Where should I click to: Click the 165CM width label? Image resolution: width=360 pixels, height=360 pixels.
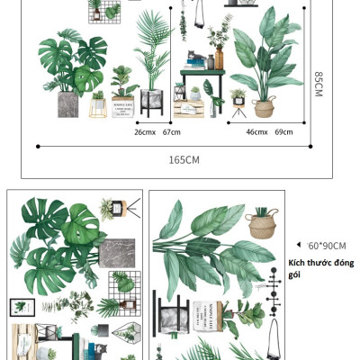click(x=184, y=159)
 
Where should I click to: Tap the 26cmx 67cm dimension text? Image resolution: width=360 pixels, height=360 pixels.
click(x=157, y=132)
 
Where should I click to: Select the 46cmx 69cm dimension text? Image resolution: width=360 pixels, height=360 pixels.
click(x=270, y=132)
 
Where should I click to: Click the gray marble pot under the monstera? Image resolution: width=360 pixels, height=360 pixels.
click(x=68, y=103)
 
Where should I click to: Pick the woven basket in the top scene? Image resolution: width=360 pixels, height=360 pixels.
click(x=265, y=108)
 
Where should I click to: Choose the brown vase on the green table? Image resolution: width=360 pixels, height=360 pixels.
click(x=219, y=60)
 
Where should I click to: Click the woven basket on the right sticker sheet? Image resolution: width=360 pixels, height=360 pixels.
click(x=261, y=223)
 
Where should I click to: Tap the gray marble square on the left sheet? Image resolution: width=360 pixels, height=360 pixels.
click(x=117, y=252)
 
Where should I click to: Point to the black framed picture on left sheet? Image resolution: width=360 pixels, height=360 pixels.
click(x=21, y=307)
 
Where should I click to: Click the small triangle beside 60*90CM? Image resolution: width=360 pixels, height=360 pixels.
click(x=298, y=244)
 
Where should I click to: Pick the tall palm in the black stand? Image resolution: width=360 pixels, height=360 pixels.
click(x=152, y=63)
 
